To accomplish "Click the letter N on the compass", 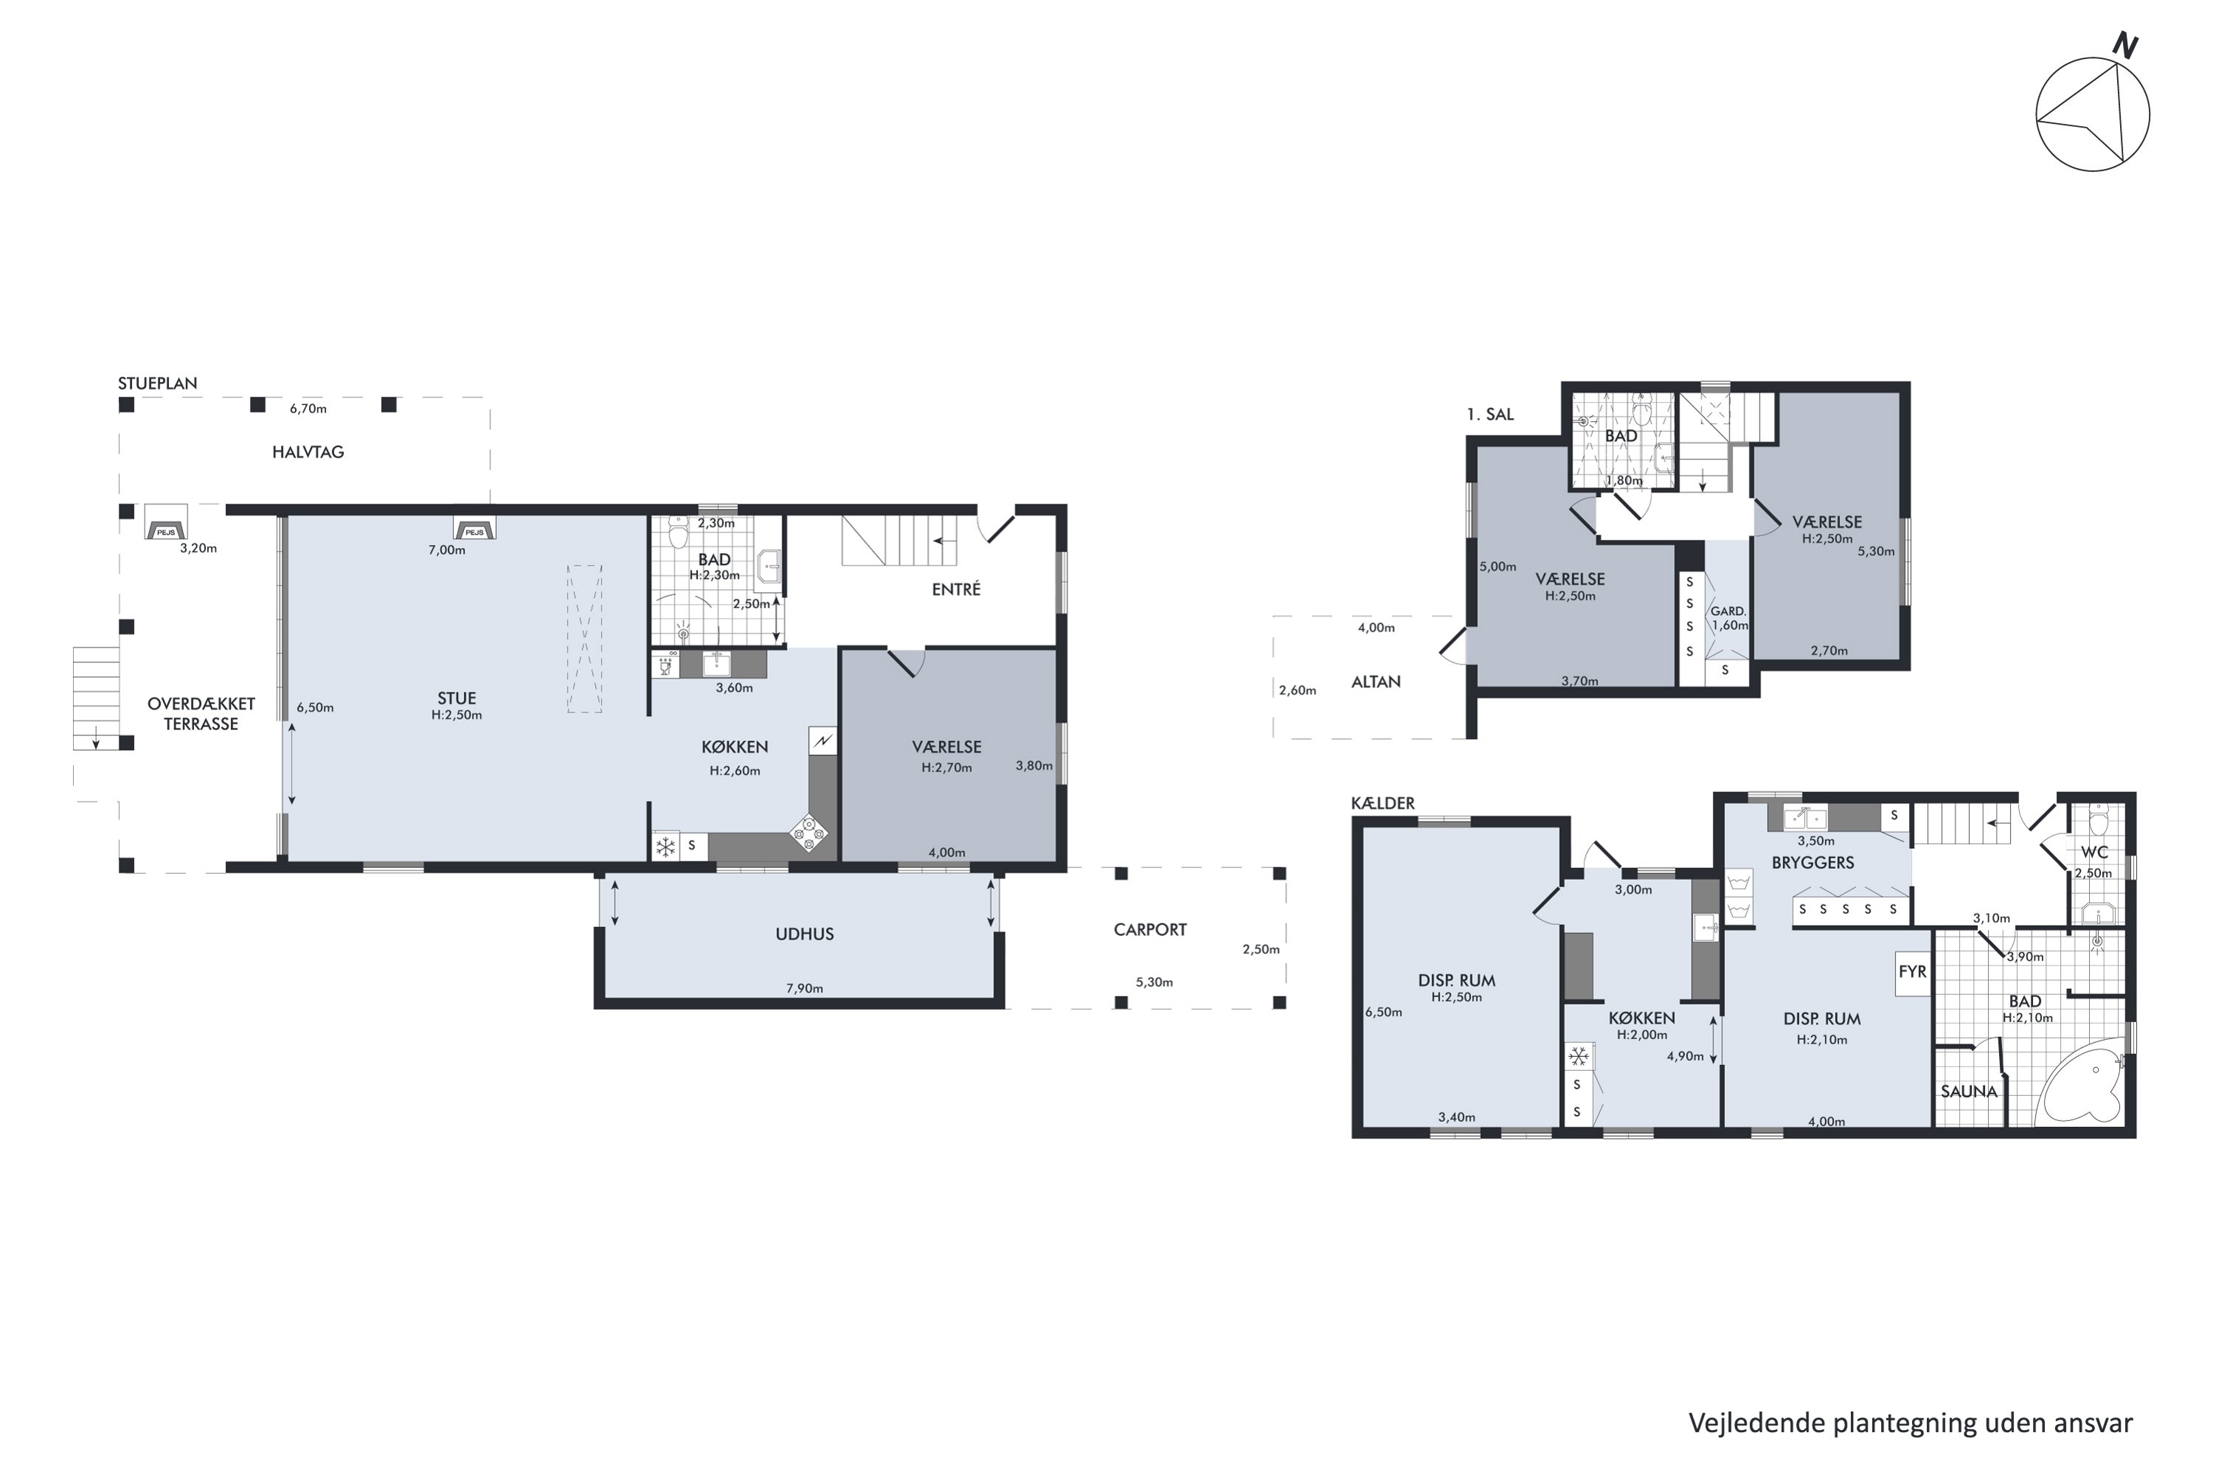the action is (x=2125, y=45).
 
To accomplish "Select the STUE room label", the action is (x=457, y=698).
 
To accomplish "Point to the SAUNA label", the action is (x=1968, y=1092).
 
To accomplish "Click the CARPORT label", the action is (x=1150, y=929).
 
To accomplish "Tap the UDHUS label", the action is (x=805, y=934).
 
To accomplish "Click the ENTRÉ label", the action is (x=956, y=589).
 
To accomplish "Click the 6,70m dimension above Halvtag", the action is (x=308, y=409).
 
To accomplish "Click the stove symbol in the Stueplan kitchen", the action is (x=808, y=833).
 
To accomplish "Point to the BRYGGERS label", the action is (x=1812, y=863).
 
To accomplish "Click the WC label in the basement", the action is (x=2093, y=853).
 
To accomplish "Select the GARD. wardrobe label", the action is (x=1728, y=611).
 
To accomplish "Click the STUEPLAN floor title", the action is (x=157, y=383).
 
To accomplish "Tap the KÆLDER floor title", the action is (x=1382, y=802).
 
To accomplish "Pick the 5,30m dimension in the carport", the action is (x=1154, y=982).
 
